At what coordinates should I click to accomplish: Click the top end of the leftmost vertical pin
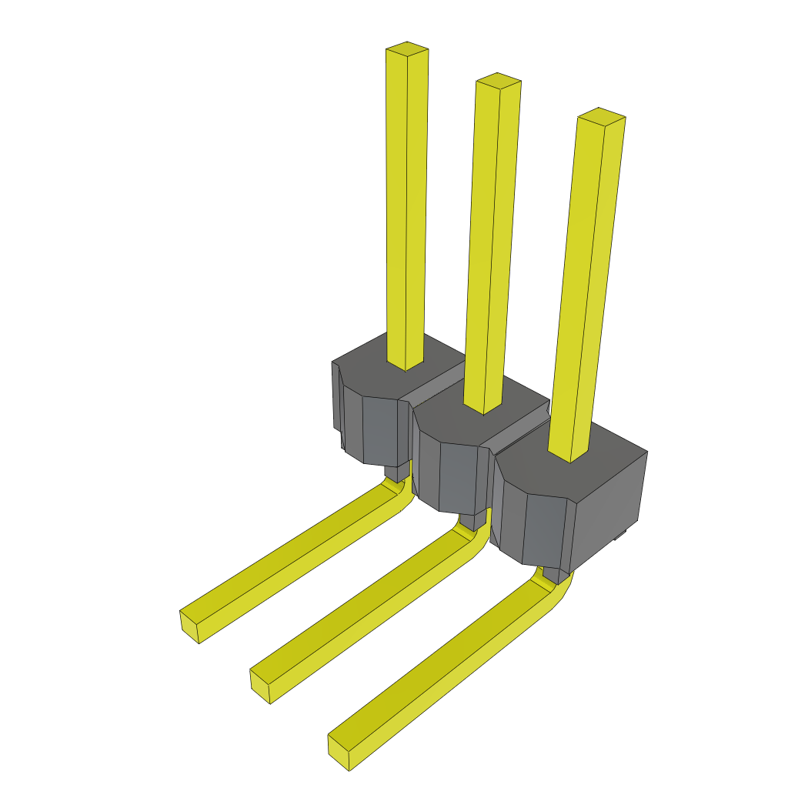click(x=406, y=50)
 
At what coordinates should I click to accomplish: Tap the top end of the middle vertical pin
click(x=498, y=81)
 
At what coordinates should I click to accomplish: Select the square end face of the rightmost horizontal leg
click(x=339, y=753)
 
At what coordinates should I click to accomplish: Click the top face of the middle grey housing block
click(x=446, y=419)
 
